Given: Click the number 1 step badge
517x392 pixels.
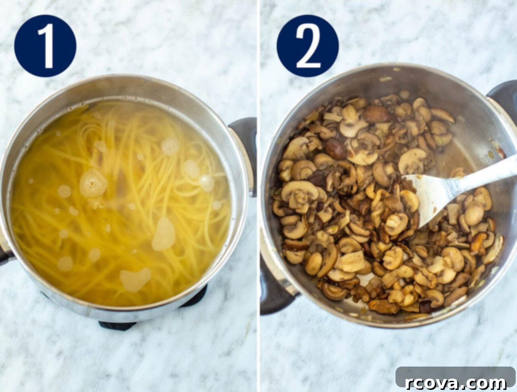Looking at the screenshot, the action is pos(45,46).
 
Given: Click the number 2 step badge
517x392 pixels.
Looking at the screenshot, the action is pos(308,46).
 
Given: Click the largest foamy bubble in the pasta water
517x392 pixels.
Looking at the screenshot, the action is pos(93,183).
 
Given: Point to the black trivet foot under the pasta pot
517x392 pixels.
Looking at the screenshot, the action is pos(117,325).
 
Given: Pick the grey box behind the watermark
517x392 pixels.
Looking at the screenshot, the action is pos(455,377).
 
